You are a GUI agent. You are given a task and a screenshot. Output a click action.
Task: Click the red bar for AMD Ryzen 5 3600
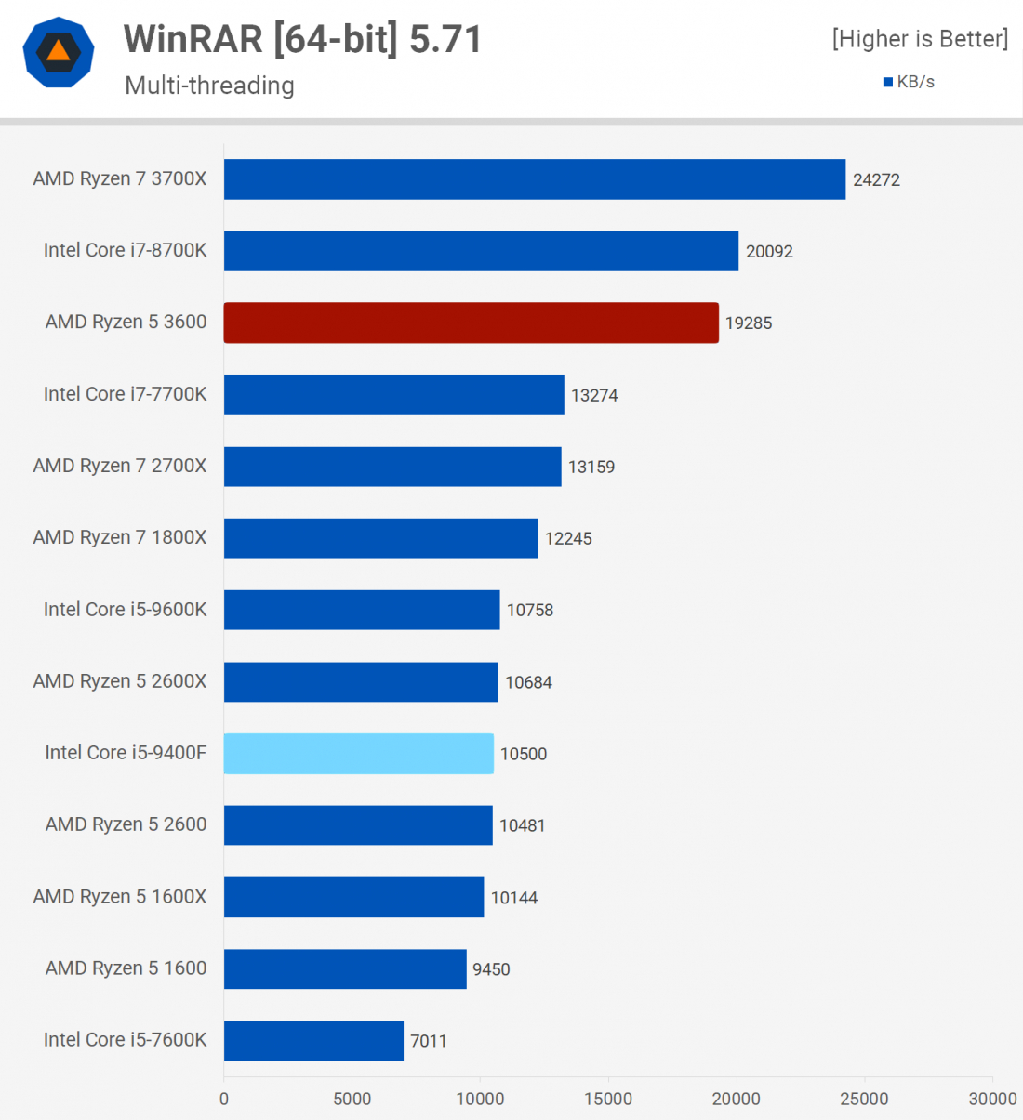[471, 323]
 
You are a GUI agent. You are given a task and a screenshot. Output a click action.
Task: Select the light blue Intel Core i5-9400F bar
[358, 753]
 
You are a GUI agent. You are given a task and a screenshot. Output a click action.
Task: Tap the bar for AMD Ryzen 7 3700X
[535, 179]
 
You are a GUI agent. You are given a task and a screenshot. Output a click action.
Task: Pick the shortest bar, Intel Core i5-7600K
[313, 1040]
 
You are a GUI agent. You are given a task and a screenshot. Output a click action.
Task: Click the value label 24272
[876, 180]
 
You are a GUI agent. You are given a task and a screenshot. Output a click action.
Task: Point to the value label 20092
[769, 252]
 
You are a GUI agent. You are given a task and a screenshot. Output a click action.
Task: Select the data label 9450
[491, 969]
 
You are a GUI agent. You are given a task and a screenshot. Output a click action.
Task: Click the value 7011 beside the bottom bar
[429, 1041]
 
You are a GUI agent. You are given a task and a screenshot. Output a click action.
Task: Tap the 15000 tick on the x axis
[608, 1099]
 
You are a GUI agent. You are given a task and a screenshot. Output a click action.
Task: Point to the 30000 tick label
[992, 1099]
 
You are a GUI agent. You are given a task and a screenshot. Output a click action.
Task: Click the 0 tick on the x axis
[224, 1099]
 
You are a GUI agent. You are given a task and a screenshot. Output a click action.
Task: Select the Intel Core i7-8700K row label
[125, 250]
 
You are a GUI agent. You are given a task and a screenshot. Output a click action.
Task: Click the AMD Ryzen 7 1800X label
[120, 537]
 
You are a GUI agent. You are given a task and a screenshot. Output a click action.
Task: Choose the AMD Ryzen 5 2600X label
[120, 681]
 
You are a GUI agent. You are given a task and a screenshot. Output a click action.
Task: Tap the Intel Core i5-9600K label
[125, 610]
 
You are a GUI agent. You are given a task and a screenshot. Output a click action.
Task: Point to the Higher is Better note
[920, 39]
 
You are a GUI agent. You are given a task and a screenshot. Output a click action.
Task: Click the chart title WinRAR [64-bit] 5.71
[303, 39]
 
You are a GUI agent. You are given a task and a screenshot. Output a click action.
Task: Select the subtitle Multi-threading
[209, 86]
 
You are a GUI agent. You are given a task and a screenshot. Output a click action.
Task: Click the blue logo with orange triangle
[59, 52]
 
